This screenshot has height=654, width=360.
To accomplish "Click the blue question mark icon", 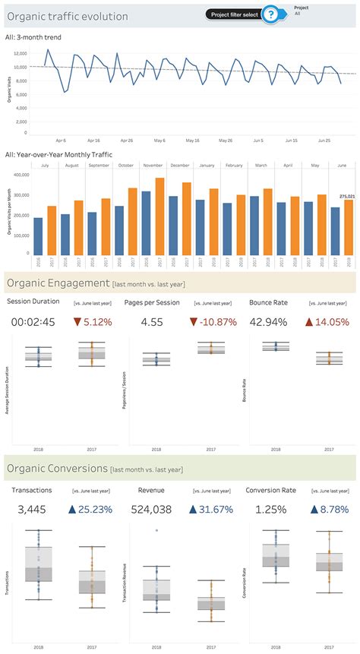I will [x=269, y=14].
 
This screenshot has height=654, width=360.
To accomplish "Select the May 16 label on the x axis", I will [x=191, y=141].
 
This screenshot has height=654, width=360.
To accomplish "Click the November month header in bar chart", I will [x=153, y=165].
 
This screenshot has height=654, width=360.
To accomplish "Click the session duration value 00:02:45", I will [x=33, y=322].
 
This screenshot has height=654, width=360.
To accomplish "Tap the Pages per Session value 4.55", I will [x=150, y=322].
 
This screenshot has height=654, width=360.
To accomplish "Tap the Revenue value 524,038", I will [x=151, y=509].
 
